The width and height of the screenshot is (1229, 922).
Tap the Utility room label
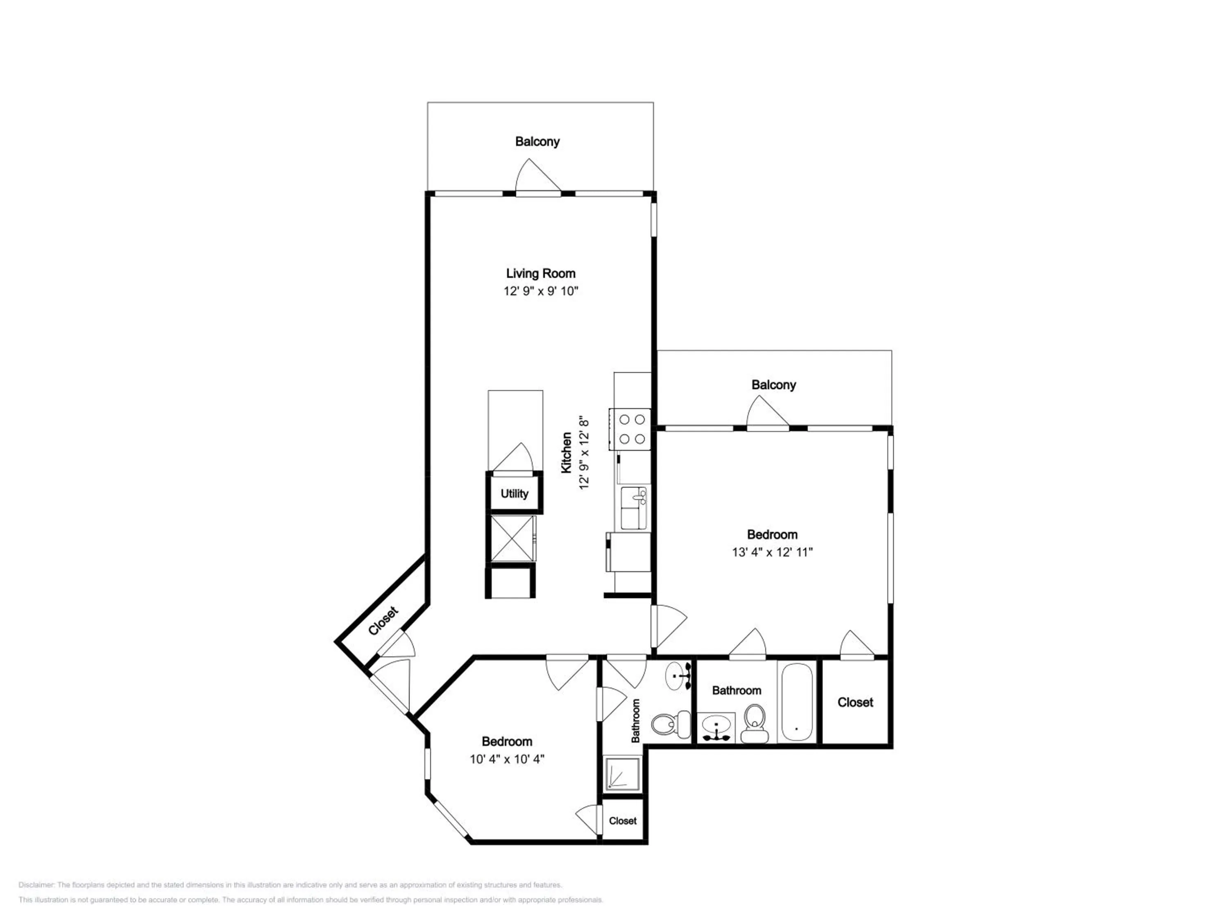coord(514,493)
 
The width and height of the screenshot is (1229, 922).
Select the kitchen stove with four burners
coord(630,429)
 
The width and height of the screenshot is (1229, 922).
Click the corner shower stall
coord(622,773)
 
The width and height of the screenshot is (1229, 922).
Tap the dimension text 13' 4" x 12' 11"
coord(772,552)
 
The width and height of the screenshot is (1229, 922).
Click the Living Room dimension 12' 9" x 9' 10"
coord(541,291)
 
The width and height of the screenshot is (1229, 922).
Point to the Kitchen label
coord(566,452)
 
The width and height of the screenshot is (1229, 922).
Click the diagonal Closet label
coord(383,621)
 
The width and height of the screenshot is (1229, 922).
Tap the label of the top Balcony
coord(537,142)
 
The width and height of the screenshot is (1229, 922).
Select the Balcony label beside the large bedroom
coord(773,385)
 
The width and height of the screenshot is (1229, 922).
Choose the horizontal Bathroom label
coord(736,690)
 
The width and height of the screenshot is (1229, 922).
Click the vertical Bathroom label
coord(636,721)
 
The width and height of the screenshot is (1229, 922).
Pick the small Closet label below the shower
coord(622,821)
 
